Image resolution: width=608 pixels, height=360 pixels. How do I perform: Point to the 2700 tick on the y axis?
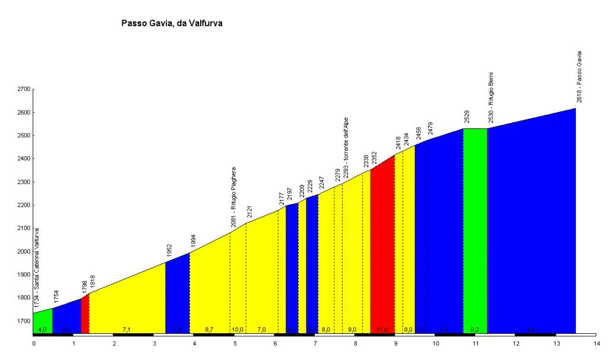coord(23,89)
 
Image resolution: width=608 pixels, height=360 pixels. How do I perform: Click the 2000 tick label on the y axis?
coord(23,251)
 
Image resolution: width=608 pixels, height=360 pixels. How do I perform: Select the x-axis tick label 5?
coord(235,343)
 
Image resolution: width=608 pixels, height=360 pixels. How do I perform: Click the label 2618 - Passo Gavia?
coord(579,77)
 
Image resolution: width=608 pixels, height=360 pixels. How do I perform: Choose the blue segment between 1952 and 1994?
coord(177,294)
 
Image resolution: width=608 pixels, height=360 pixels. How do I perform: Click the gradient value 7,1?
coord(126,329)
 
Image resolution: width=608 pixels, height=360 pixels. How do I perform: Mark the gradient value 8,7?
coord(209,329)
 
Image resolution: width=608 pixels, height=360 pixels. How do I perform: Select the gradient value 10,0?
coord(237,329)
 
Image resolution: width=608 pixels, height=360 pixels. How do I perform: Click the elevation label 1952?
coord(169,252)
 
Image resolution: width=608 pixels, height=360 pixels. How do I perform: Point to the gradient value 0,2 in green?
coord(474,329)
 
